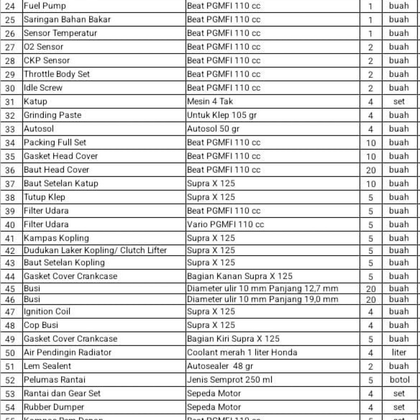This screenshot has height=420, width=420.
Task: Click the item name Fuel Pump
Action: click(x=45, y=6)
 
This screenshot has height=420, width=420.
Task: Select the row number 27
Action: click(x=10, y=47)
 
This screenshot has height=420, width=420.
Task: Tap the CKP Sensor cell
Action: click(x=47, y=60)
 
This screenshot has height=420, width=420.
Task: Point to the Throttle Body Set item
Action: click(x=57, y=74)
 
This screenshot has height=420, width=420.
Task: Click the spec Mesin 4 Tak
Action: click(x=210, y=101)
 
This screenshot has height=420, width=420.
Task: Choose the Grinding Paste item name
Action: click(x=52, y=115)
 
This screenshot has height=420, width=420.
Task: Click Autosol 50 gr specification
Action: click(x=213, y=129)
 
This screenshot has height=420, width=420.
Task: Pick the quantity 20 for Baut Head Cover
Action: click(x=371, y=170)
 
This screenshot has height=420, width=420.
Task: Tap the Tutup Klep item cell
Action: click(x=44, y=197)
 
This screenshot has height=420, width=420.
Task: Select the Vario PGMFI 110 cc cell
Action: click(x=225, y=224)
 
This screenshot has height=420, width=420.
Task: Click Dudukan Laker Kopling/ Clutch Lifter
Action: click(x=95, y=251)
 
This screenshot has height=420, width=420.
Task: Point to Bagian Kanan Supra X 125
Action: click(x=240, y=276)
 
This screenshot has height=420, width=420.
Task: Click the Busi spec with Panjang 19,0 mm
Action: click(x=263, y=299)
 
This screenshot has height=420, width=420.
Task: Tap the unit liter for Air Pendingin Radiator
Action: click(x=399, y=352)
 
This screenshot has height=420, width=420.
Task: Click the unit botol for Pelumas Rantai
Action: click(x=399, y=380)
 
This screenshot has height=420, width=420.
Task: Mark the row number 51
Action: click(x=10, y=366)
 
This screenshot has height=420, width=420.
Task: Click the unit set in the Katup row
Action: click(x=399, y=101)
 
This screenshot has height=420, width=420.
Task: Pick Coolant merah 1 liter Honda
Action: click(x=242, y=352)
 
